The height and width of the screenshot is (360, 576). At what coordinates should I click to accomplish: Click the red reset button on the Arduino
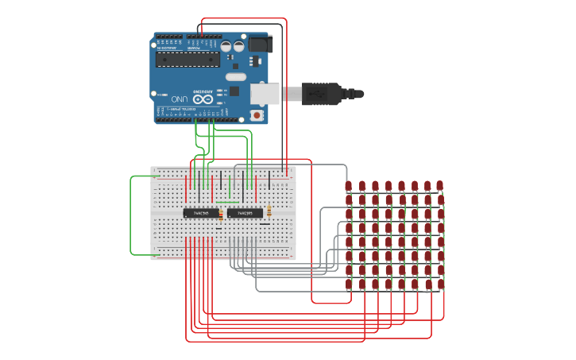coord(256,115)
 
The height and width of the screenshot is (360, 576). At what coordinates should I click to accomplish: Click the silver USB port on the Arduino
coord(265,94)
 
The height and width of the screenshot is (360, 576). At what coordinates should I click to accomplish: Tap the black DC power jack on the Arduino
coord(260,45)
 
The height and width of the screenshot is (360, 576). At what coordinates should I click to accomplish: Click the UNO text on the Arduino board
coord(180,99)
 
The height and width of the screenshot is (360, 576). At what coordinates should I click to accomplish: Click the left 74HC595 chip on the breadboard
coord(201,213)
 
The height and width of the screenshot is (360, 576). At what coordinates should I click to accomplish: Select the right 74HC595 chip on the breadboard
coord(245,213)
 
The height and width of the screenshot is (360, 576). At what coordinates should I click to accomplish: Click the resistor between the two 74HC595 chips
coord(221,213)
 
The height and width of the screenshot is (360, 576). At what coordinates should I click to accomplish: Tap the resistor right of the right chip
coord(269,211)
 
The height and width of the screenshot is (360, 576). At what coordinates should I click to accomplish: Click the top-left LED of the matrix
coord(348,186)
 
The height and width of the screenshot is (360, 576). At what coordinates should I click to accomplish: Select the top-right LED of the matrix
coord(439,185)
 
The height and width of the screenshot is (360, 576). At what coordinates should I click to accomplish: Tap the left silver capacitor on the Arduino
coord(226,47)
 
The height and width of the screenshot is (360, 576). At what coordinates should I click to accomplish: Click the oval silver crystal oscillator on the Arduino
coord(236,77)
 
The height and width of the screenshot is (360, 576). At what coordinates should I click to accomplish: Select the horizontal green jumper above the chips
coord(227,202)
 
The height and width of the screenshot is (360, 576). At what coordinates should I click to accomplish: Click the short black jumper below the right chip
coord(265,225)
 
